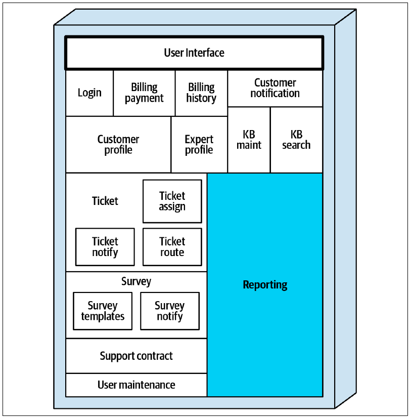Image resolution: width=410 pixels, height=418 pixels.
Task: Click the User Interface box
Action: [x=194, y=53]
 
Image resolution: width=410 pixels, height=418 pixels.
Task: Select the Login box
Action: [x=89, y=93]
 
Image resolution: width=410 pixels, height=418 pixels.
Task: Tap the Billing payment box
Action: [x=144, y=93]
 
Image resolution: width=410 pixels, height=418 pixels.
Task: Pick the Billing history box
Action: [x=201, y=93]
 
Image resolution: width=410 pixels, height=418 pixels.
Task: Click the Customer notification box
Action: [x=275, y=88]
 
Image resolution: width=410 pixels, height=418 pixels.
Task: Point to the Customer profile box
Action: [x=118, y=145]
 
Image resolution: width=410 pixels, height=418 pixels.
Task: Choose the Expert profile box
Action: [x=199, y=145]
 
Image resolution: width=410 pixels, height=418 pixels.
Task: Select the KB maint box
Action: [x=249, y=140]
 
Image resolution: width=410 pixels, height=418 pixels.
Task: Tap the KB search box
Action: [x=296, y=140]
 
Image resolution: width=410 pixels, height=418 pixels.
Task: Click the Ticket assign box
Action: [x=172, y=201]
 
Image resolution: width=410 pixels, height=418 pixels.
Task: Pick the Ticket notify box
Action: [x=105, y=247]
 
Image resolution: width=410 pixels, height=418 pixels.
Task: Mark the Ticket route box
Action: [x=172, y=247]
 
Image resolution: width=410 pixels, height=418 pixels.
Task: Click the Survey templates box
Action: [x=103, y=311]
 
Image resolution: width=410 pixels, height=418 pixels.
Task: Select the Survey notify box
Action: [x=170, y=311]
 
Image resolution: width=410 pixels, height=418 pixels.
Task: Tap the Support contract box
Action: [x=136, y=356]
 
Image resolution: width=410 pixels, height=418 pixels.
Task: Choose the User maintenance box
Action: [x=136, y=385]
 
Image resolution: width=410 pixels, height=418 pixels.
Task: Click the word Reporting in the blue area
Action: [x=265, y=285]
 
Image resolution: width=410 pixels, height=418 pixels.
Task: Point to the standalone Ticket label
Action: [x=105, y=201]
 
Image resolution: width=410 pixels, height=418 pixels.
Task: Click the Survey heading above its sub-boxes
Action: [x=136, y=281]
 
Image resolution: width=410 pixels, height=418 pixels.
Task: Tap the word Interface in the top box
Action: [x=205, y=53]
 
